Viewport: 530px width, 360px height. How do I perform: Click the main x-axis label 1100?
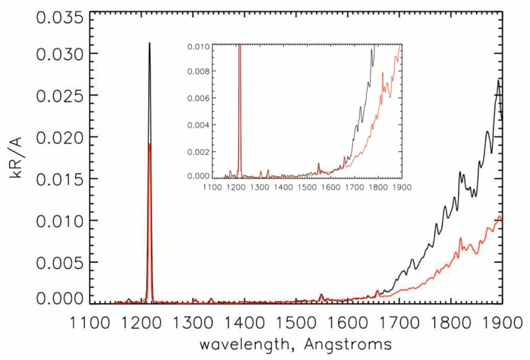(x=90, y=322)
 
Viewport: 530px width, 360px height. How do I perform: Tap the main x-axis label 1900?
(x=500, y=322)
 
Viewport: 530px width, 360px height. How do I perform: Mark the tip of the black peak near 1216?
(x=150, y=43)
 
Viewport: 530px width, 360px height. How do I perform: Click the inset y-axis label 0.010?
(x=200, y=47)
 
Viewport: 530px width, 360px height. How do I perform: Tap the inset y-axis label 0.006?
(x=200, y=99)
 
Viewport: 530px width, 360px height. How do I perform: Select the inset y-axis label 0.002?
(x=200, y=150)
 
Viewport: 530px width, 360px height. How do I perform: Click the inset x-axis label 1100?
(x=214, y=186)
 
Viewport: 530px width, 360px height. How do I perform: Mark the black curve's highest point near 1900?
(x=498, y=79)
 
